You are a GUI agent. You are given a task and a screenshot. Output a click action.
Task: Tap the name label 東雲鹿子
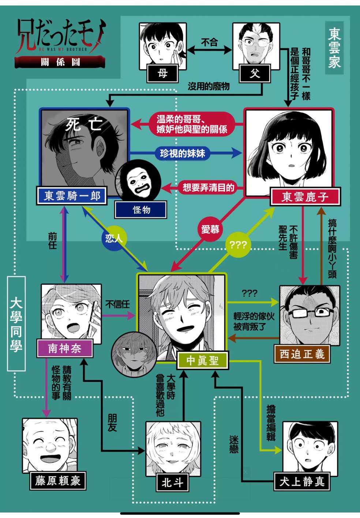(305, 197)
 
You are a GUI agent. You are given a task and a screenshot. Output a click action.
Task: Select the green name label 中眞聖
(202, 361)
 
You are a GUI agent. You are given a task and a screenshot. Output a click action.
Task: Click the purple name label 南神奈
(65, 348)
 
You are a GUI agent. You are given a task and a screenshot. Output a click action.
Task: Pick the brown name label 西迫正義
(302, 354)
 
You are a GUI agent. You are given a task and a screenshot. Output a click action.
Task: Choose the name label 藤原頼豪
(58, 481)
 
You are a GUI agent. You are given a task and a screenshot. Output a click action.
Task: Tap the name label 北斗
(172, 483)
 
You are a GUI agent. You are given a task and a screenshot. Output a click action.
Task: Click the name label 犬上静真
(302, 481)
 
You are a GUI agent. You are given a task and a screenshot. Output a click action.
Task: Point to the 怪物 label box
(141, 210)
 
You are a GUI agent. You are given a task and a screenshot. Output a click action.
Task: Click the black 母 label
(162, 74)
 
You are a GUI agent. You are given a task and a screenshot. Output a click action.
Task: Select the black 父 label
(255, 74)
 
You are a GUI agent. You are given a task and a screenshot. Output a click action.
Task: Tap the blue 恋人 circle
(114, 239)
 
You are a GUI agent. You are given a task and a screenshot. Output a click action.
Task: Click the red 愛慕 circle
(210, 230)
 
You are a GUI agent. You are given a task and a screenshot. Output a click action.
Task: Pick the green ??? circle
(238, 245)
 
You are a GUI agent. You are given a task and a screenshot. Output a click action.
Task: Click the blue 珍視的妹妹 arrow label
(183, 153)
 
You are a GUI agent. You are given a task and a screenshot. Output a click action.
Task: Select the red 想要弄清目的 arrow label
(208, 188)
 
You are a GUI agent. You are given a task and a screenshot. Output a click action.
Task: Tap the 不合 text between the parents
(209, 42)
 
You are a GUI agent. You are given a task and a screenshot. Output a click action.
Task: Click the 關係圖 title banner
(60, 62)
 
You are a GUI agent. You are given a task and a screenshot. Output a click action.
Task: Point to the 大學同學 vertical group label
(16, 324)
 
